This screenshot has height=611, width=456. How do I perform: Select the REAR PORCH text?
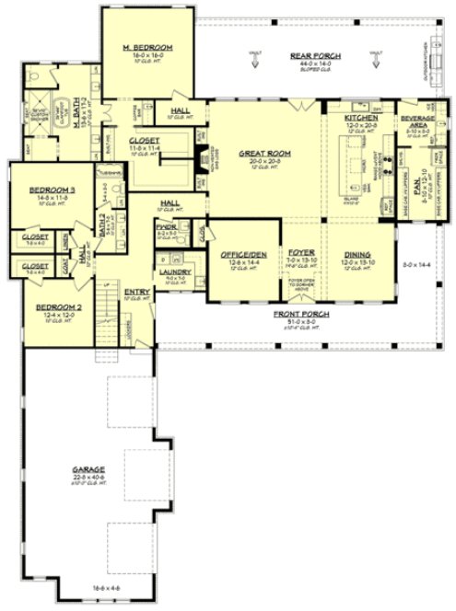pyautogui.click(x=315, y=56)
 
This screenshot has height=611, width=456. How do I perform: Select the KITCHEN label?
pyautogui.click(x=361, y=119)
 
